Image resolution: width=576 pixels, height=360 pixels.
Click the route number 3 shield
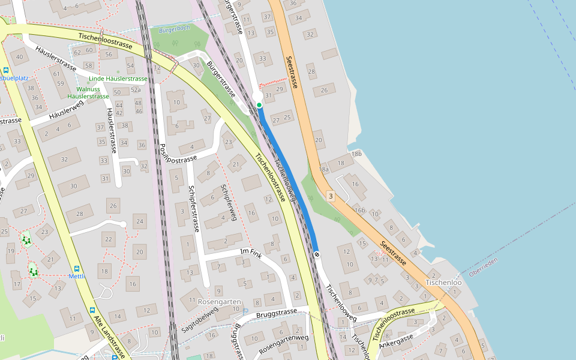point(330,196)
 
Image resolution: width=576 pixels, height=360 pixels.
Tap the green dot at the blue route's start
point(259,105)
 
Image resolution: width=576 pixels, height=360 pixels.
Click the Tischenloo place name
point(443,283)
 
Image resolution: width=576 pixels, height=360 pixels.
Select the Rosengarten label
point(219,302)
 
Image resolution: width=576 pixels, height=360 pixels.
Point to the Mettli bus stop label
point(77,276)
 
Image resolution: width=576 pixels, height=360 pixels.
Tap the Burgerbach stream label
point(174,28)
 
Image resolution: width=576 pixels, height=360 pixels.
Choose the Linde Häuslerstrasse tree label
point(118,79)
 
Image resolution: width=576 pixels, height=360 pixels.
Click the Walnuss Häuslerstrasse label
point(88,92)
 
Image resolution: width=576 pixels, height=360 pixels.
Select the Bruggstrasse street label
point(276,313)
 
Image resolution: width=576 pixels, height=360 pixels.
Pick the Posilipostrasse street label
point(179,160)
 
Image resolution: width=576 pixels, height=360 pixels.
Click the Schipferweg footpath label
point(229,203)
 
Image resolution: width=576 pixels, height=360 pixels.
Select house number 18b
point(356,154)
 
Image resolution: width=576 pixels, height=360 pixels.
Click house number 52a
point(136,90)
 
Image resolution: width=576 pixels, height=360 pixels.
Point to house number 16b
point(359,210)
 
